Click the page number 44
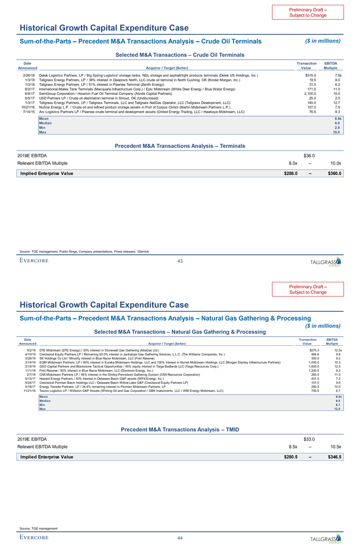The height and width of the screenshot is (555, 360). coord(180,538)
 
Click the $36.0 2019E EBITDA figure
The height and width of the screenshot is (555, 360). coord(310,155)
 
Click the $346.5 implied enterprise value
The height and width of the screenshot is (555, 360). coord(335,456)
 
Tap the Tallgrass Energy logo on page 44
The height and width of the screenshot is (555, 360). coord(326,539)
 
